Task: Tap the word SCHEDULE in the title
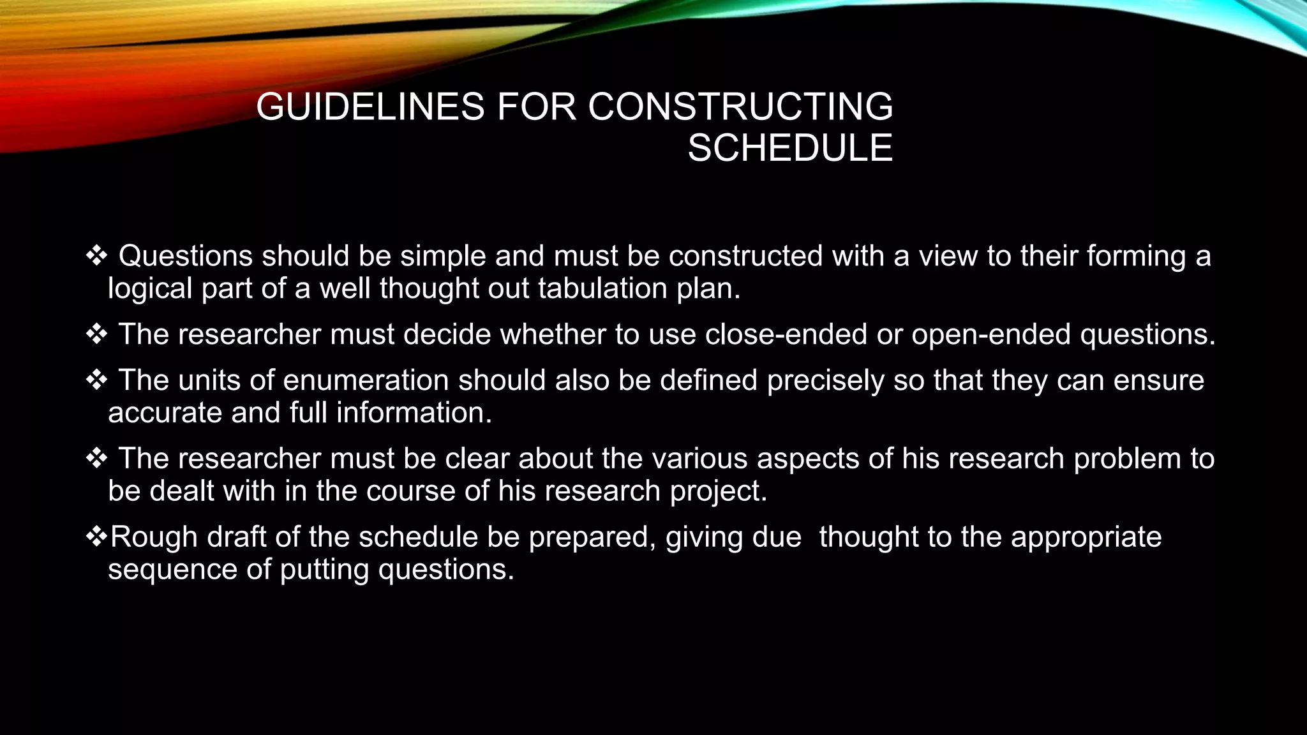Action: tap(789, 148)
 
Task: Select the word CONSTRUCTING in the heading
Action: tap(740, 107)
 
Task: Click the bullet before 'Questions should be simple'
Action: tap(96, 256)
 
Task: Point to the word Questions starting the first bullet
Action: tap(186, 256)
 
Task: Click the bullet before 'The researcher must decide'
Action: tap(96, 334)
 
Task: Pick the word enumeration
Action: tap(366, 380)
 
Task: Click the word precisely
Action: tap(825, 381)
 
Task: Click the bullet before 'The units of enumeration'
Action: tap(96, 380)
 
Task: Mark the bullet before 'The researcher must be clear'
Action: tap(96, 459)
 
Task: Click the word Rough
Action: tap(153, 537)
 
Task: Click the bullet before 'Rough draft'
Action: tap(96, 537)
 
